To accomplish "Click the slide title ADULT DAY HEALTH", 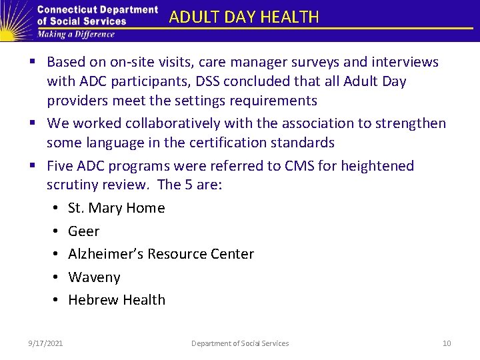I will point(244,17).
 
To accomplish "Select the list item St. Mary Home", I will point(116,208).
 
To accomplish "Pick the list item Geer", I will point(83,231).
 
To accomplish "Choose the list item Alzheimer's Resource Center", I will point(161,254).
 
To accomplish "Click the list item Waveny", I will point(94,277).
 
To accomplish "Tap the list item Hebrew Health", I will point(117,300).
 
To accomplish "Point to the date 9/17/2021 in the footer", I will point(46,343).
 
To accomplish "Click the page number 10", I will point(447,343).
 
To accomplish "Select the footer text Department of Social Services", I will point(240,343).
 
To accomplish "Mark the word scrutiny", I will point(73,185).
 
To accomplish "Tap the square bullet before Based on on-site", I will point(33,63).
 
